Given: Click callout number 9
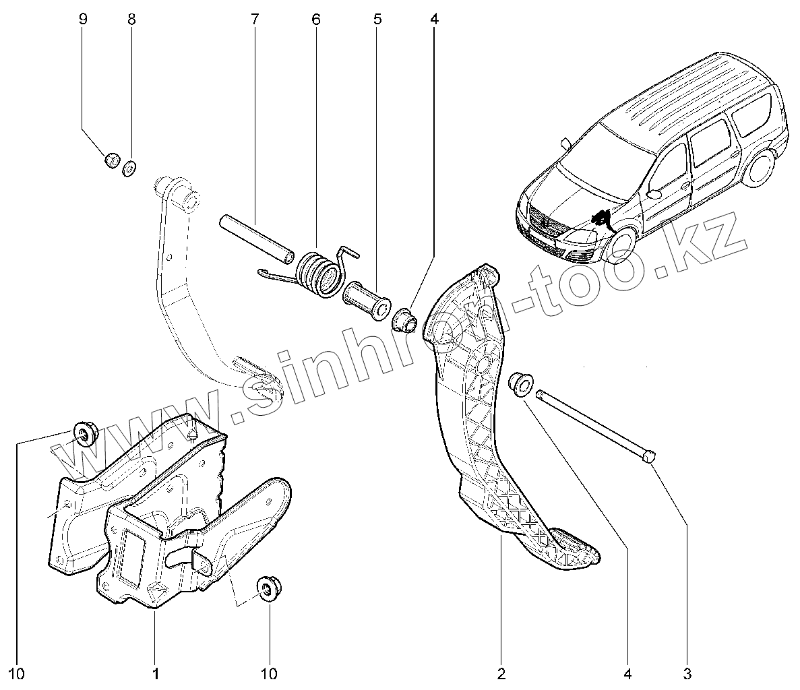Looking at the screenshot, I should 83,18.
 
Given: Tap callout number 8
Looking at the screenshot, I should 131,18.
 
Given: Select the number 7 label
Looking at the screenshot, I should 254,18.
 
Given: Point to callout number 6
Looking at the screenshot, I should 315,18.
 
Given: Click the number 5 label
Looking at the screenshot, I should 377,18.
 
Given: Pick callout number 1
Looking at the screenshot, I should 155,672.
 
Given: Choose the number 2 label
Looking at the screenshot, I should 501,672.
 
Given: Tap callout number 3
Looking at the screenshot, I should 687,672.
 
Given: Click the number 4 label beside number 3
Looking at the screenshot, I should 628,672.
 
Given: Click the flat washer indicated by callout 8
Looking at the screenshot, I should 129,166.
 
